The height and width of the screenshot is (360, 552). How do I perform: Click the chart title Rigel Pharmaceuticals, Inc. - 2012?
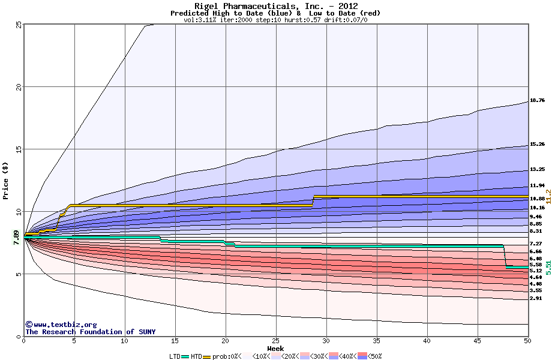pyautogui.click(x=275, y=6)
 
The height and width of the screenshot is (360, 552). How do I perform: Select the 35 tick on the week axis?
pyautogui.click(x=327, y=341)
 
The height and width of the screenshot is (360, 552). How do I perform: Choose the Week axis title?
pyautogui.click(x=275, y=349)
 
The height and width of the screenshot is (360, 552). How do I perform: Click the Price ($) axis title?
pyautogui.click(x=5, y=180)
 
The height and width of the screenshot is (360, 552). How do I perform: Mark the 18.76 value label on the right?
pyautogui.click(x=537, y=100)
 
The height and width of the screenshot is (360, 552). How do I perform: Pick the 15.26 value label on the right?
pyautogui.click(x=537, y=145)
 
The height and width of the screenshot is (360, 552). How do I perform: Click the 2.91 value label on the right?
pyautogui.click(x=537, y=298)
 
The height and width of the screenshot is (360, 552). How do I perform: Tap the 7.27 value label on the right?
pyautogui.click(x=537, y=244)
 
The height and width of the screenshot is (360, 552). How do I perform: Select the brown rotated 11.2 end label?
pyautogui.click(x=548, y=196)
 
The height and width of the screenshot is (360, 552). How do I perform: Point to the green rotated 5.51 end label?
pyautogui.click(x=548, y=267)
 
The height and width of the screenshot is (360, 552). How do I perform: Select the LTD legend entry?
pyautogui.click(x=176, y=356)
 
